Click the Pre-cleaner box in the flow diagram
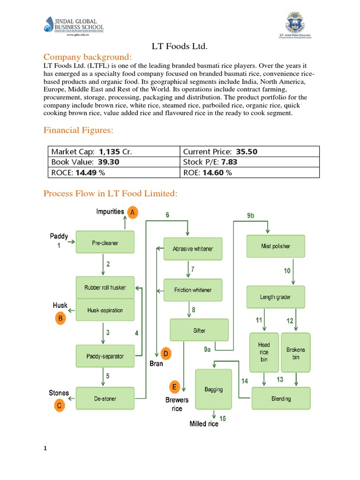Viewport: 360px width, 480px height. coord(105,243)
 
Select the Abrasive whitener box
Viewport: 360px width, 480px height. coord(193,249)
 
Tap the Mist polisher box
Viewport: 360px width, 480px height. coord(275,246)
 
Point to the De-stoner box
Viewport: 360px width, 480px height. coord(105,398)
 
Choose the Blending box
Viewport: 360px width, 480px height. coord(281,398)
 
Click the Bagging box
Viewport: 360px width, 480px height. coord(213,389)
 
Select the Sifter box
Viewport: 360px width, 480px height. coord(199,330)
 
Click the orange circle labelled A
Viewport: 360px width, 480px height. coord(133,212)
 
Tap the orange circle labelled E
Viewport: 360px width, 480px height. coord(174,387)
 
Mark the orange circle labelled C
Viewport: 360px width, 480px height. coord(60,406)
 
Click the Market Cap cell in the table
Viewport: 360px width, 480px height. coord(114,151)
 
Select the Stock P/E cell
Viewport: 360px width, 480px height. coord(249,162)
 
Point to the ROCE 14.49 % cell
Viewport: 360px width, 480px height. coord(114,172)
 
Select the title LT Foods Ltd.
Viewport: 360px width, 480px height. coord(180,46)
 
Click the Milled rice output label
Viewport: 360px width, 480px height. coord(204,424)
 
